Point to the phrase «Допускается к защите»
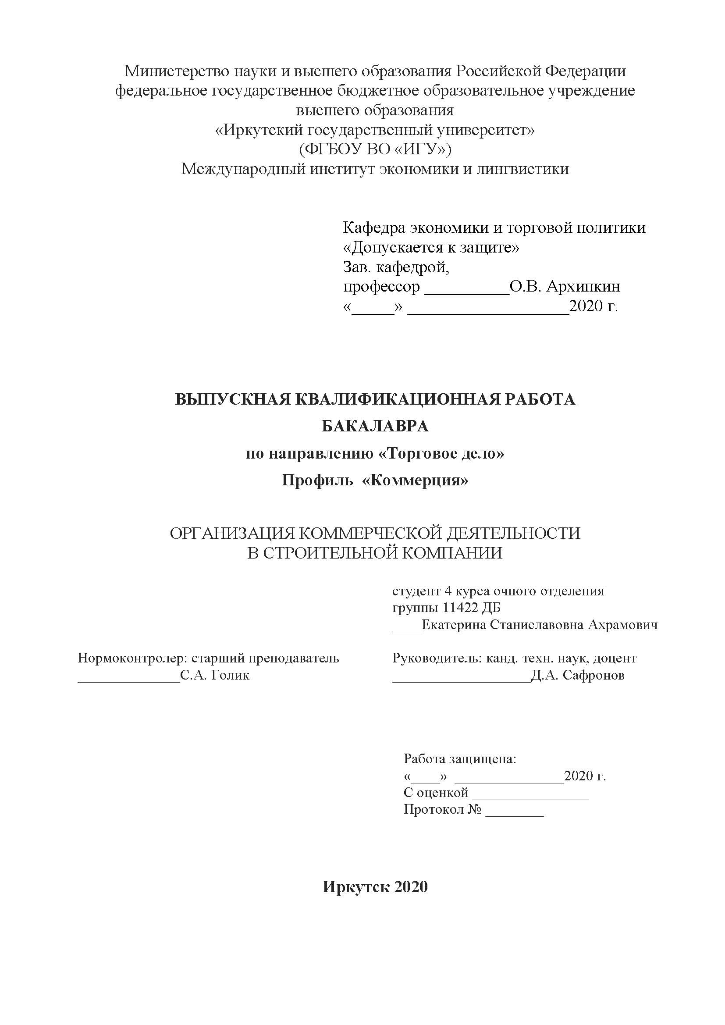coord(431,247)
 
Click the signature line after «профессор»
coord(466,292)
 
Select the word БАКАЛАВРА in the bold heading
coord(375,426)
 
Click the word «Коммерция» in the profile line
coord(416,480)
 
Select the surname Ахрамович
coord(623,625)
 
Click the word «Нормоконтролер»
coord(131,658)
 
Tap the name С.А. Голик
coord(215,675)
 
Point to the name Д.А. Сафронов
coord(578,675)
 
